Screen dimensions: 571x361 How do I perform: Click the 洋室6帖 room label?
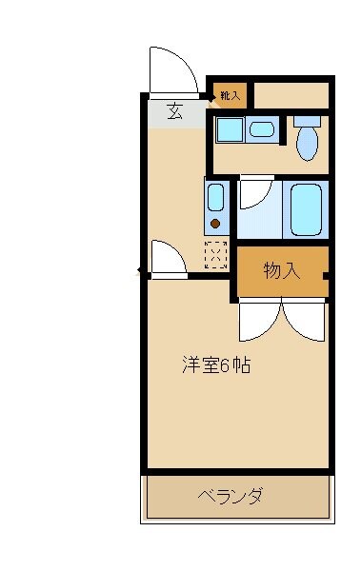pos(216,364)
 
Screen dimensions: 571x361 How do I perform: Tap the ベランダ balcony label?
pos(231,496)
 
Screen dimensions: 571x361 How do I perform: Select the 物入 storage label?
pos(281,271)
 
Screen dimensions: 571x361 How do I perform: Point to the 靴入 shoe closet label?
pos(230,95)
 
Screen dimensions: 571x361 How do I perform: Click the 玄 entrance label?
pos(174,110)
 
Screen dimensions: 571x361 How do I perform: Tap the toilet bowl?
pos(306,144)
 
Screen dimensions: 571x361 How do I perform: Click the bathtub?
pos(306,209)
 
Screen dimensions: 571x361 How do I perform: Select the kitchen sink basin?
pos(216,199)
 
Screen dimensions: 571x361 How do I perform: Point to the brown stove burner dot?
pos(216,224)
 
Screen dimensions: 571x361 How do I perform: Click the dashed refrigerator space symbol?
pos(217,254)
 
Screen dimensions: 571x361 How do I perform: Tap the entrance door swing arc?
pos(172,71)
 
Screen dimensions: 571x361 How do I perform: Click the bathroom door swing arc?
pos(254,192)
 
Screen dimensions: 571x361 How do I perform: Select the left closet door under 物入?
pos(257,321)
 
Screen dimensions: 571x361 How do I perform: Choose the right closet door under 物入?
pos(304,321)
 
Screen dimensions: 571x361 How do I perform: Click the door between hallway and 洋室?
pos(168,259)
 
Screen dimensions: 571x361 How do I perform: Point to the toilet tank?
pos(307,121)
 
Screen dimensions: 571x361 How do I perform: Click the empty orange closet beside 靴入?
pos(291,95)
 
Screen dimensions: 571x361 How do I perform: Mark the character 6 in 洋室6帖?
pos(225,364)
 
